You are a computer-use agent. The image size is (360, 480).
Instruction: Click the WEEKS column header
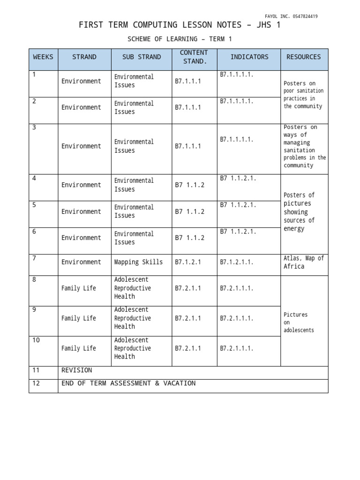click(x=43, y=57)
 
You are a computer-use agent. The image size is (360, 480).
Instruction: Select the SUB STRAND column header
click(x=141, y=57)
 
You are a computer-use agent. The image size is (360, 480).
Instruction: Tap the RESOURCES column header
click(x=304, y=57)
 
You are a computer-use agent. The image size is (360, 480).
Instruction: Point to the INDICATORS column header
click(x=249, y=57)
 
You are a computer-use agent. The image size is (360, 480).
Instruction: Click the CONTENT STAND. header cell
click(x=194, y=57)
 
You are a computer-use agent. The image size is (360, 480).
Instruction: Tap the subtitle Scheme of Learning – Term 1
click(x=180, y=39)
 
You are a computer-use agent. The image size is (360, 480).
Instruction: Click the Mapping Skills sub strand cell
click(x=139, y=262)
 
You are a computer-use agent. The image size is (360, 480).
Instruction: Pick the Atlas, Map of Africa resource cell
click(x=303, y=262)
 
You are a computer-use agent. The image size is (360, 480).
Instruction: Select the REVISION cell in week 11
click(x=76, y=370)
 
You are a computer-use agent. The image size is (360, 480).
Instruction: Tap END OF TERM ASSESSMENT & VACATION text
click(x=128, y=383)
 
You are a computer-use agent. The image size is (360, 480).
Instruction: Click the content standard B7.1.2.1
click(x=188, y=262)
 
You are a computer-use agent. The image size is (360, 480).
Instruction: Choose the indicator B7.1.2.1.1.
click(x=237, y=262)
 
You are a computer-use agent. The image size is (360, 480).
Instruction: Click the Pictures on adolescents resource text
click(x=299, y=322)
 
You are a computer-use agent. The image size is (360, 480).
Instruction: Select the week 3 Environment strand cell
click(x=81, y=146)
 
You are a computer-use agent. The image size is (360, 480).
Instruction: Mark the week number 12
click(x=36, y=383)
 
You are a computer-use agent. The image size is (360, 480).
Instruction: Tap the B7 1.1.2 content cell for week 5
click(x=190, y=211)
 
